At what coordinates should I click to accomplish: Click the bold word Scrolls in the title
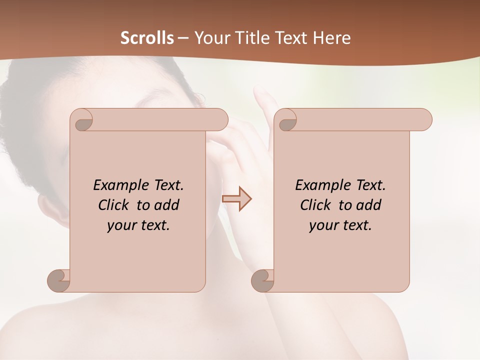tap(147, 37)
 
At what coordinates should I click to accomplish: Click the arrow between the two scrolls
tap(237, 199)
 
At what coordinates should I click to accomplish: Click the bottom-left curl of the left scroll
tap(59, 280)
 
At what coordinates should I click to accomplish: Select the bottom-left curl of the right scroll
tap(263, 280)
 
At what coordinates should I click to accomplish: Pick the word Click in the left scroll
tap(113, 205)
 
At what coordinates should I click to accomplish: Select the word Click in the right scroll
tap(315, 205)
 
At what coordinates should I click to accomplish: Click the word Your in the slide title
tap(210, 37)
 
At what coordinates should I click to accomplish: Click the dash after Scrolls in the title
tap(183, 37)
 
